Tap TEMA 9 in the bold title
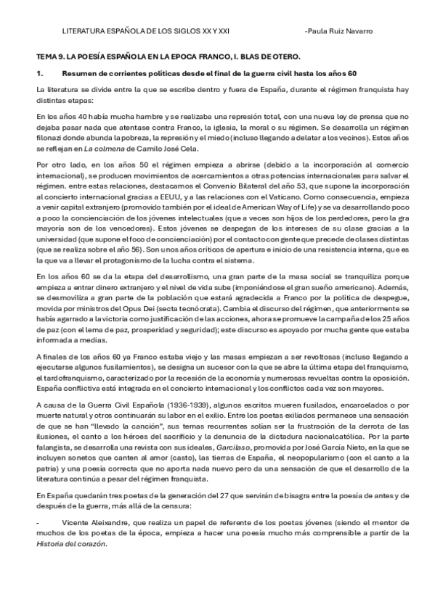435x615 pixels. (x=50, y=57)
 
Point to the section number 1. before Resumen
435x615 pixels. (x=41, y=73)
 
